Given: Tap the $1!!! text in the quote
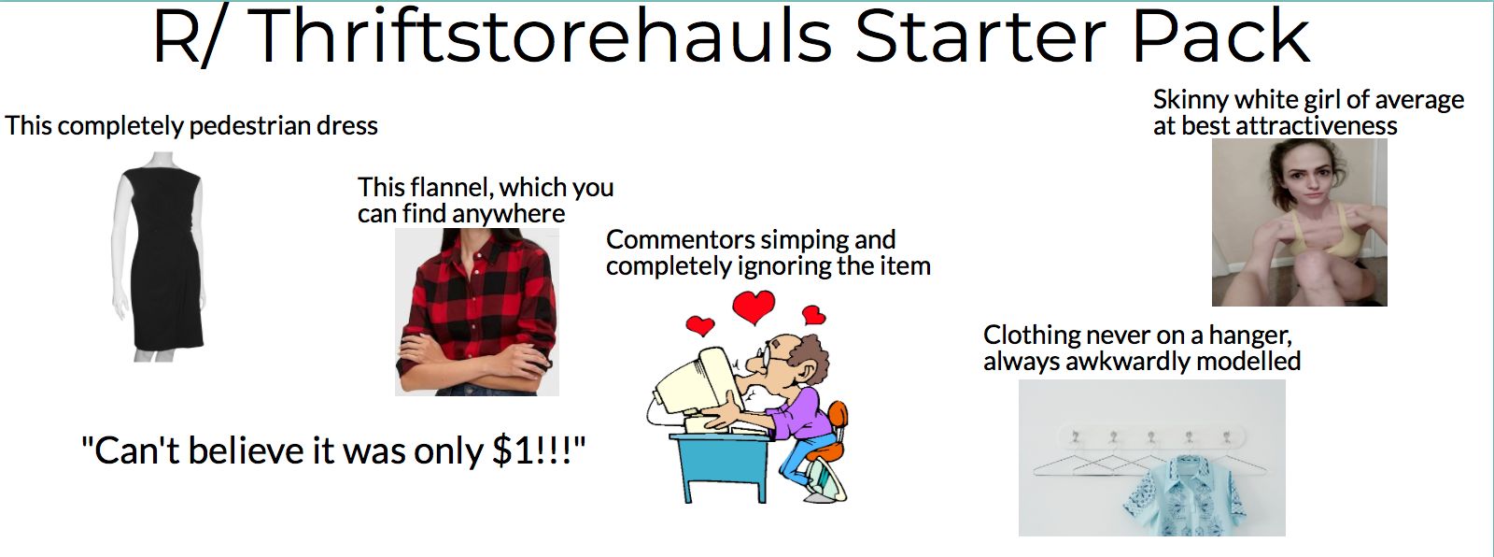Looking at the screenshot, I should click(x=537, y=451).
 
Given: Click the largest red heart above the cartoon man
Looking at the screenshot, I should click(x=754, y=307).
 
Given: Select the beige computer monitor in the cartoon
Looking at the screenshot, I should click(x=696, y=383).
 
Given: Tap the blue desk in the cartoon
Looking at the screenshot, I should click(x=719, y=458).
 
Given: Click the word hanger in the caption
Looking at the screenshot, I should click(x=1249, y=335).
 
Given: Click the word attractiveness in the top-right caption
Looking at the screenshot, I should click(x=1316, y=126).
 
